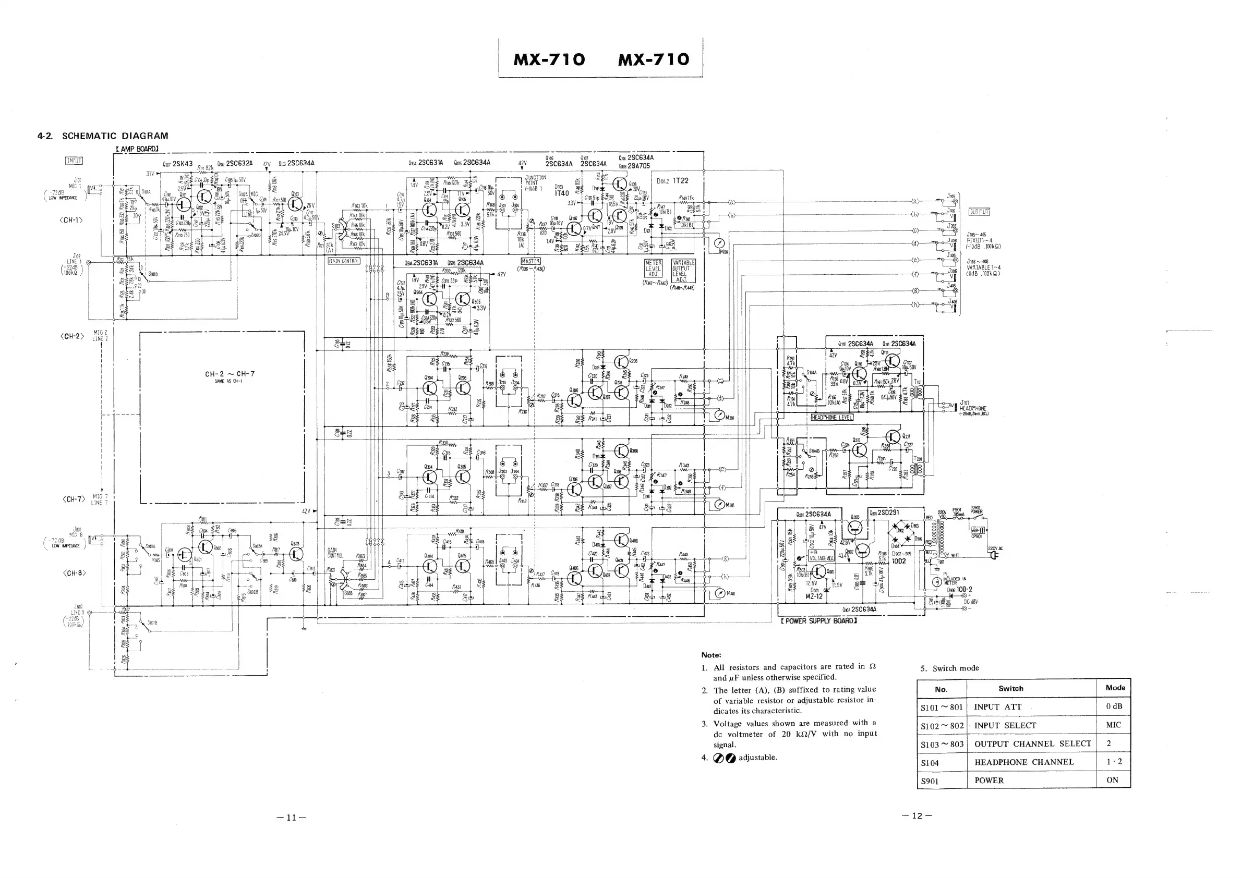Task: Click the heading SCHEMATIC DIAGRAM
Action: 115,136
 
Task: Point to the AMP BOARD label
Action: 137,149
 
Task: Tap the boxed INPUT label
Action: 74,160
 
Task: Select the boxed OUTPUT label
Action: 979,211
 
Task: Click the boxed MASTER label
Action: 530,261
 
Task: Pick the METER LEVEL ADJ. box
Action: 654,269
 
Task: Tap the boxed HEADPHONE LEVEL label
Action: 832,418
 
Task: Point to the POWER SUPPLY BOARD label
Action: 818,621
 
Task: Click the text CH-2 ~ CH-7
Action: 230,374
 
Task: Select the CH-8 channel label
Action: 74,573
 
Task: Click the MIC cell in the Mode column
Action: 1113,725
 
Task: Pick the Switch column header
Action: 1010,688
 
